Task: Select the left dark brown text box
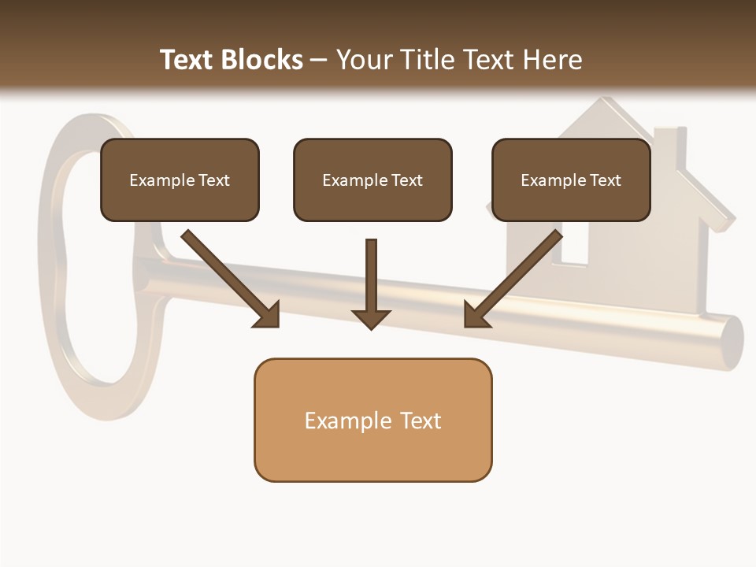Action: [180, 180]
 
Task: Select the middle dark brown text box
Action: [372, 180]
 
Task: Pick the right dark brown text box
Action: [571, 180]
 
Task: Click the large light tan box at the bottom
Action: [372, 421]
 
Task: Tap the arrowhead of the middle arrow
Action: [372, 318]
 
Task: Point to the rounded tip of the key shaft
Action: [731, 342]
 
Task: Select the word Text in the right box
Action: [606, 180]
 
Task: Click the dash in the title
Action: [319, 60]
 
